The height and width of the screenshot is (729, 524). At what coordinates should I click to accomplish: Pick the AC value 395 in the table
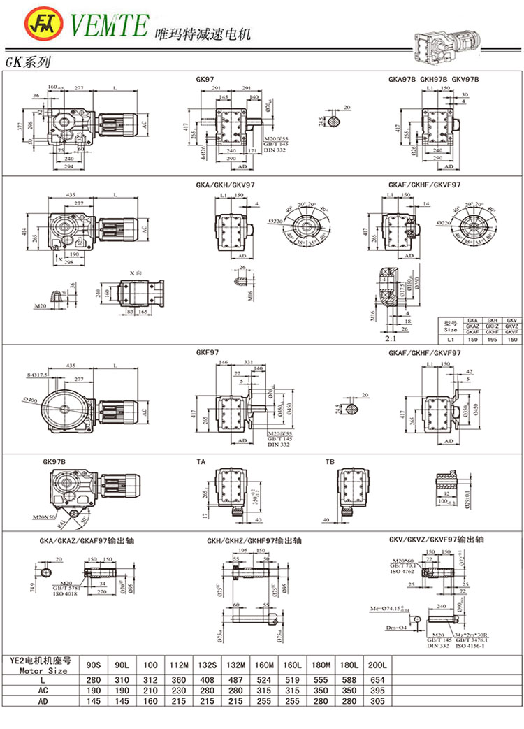[x=377, y=690]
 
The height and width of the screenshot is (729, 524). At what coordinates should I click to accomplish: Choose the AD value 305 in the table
[x=377, y=702]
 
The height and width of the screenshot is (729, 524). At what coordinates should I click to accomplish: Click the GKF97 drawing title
[x=208, y=354]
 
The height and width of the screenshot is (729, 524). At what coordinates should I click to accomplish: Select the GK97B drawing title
[x=54, y=462]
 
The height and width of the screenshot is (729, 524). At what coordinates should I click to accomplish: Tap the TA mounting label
[x=201, y=462]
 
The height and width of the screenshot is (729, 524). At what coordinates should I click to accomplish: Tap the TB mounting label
[x=330, y=462]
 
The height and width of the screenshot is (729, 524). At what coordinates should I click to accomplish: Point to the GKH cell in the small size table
[x=492, y=319]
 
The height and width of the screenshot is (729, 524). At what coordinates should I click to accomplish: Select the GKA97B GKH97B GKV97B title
[x=433, y=80]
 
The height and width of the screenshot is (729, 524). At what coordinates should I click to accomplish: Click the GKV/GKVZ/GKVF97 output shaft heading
[x=436, y=540]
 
